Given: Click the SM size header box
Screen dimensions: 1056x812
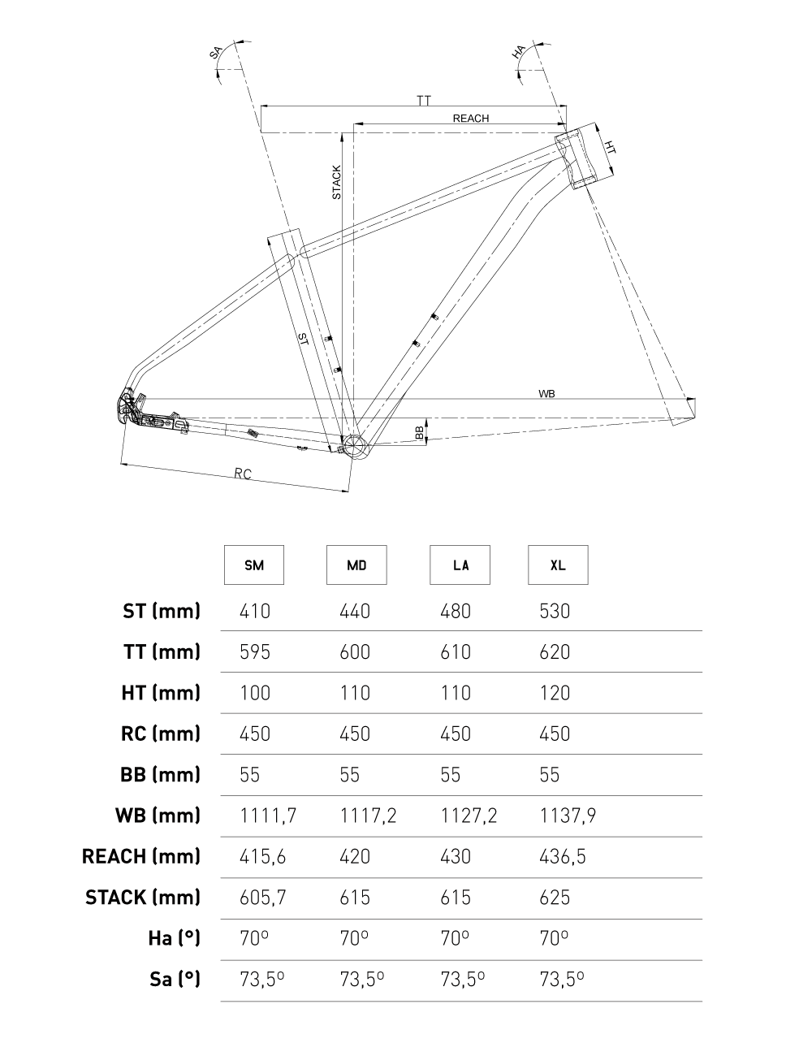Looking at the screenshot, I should click(254, 565).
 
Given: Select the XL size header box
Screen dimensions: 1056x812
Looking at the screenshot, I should click(558, 565).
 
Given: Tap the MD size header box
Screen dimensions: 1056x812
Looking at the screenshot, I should click(356, 565).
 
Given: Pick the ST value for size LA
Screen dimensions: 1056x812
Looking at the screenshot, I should click(456, 611).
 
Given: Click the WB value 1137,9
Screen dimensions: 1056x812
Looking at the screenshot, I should click(568, 816).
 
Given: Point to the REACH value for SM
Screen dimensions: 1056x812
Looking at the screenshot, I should click(263, 856).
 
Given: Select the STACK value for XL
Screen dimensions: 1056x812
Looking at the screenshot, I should click(555, 898).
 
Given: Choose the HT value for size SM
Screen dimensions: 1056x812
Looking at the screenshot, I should click(255, 693).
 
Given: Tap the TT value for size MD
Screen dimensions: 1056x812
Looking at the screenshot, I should click(354, 651).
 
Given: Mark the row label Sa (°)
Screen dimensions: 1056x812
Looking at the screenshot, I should click(175, 979).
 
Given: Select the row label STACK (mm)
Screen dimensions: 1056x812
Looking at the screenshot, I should click(143, 898).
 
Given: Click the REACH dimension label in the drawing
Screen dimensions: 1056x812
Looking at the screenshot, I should click(471, 119).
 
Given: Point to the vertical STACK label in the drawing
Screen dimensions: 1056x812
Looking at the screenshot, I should click(337, 183).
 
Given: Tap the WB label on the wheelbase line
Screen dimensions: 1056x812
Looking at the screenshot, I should click(546, 393).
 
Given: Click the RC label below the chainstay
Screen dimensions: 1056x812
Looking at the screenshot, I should click(242, 474).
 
